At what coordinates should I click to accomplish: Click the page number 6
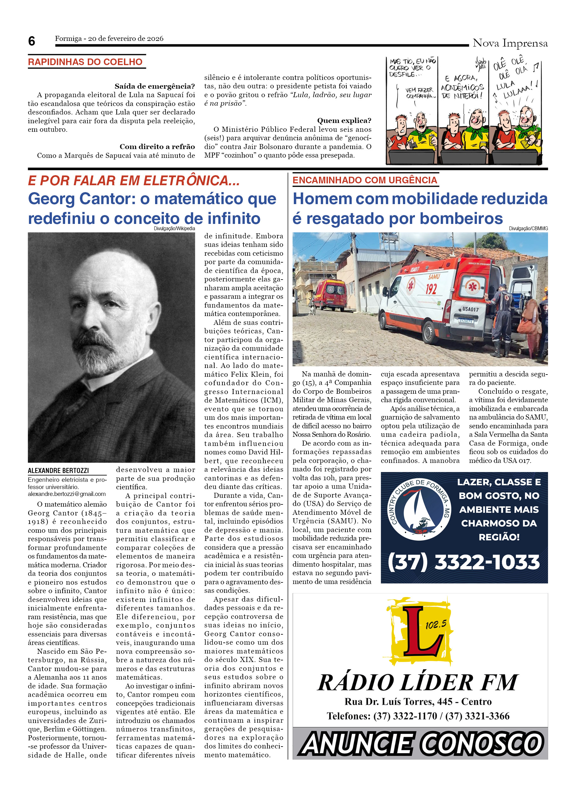(31, 42)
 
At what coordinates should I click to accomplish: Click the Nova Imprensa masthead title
(510, 43)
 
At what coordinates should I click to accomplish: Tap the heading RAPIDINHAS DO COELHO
(85, 62)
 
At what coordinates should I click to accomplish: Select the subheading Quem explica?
(344, 120)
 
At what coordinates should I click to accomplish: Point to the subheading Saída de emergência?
(154, 86)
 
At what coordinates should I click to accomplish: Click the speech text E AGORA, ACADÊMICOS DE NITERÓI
(462, 86)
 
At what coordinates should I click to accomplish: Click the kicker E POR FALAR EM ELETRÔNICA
(134, 181)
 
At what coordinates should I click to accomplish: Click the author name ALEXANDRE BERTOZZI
(58, 470)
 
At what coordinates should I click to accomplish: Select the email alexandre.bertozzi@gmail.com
(67, 494)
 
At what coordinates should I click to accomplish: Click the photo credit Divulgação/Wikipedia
(174, 229)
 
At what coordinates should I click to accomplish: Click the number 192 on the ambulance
(431, 288)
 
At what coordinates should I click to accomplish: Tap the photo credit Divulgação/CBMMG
(528, 229)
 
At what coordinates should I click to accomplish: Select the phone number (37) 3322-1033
(463, 563)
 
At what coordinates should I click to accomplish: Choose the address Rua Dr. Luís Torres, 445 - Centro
(418, 701)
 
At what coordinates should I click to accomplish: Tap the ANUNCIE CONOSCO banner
(420, 743)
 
